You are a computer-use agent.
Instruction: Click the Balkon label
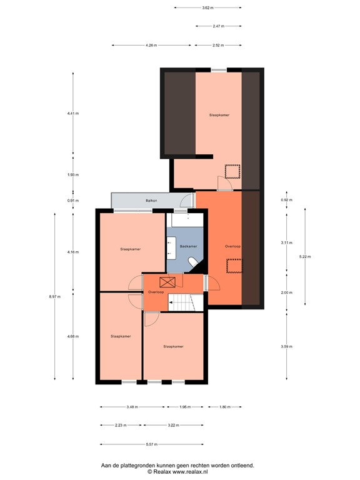[x=151, y=201]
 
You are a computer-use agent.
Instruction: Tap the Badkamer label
[x=188, y=247]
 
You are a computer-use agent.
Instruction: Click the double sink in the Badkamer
[x=171, y=246]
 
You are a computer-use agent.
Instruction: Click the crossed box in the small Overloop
[x=167, y=282]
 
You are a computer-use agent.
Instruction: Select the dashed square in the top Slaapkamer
[x=232, y=171]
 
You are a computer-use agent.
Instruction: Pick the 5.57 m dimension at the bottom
[x=151, y=445]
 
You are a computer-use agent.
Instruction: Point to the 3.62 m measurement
[x=207, y=8]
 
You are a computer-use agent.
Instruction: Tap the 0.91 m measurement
[x=72, y=201]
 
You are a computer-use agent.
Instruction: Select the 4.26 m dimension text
[x=151, y=46]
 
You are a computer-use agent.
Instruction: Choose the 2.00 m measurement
[x=286, y=292]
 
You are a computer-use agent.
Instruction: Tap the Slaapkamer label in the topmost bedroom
[x=219, y=115]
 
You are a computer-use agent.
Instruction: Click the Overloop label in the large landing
[x=232, y=247]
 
